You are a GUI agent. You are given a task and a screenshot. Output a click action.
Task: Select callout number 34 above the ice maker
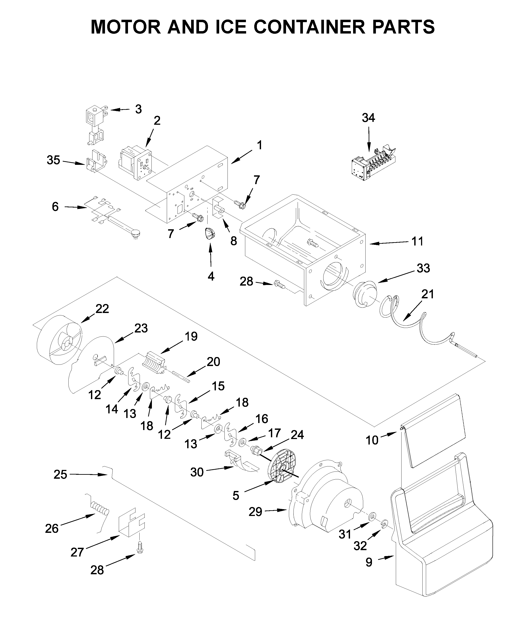(x=368, y=118)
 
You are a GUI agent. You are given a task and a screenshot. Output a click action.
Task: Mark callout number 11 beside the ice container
(x=417, y=242)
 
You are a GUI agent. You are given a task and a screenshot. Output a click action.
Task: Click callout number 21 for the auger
(x=427, y=294)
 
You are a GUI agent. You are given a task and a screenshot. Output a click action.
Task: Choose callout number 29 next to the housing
(x=255, y=512)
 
